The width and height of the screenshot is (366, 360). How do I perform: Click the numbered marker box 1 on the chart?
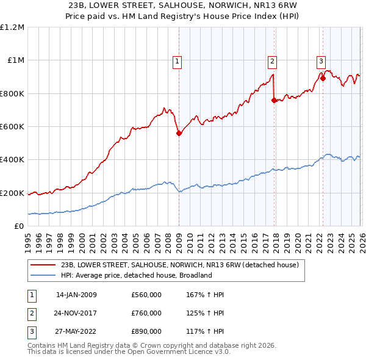[x=177, y=60]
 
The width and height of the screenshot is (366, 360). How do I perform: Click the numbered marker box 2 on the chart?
[x=272, y=60]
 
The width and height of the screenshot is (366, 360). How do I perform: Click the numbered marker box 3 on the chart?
[x=321, y=60]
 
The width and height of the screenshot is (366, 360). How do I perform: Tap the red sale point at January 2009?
[x=179, y=134]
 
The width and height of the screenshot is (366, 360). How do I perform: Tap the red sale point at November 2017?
[x=274, y=101]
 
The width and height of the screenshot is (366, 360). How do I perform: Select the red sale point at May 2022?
[x=323, y=79]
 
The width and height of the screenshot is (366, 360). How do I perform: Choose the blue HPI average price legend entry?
[x=136, y=275]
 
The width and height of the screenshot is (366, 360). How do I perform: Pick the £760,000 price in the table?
[x=146, y=313]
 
